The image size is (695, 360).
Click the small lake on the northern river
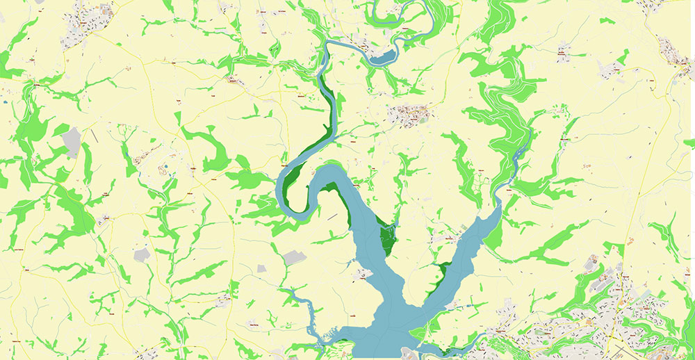point(383,58)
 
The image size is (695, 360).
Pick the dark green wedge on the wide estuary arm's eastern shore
point(386,236)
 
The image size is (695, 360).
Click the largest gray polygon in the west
point(72,141)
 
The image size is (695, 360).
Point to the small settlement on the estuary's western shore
point(361,275)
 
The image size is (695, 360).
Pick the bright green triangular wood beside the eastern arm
point(494,236)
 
